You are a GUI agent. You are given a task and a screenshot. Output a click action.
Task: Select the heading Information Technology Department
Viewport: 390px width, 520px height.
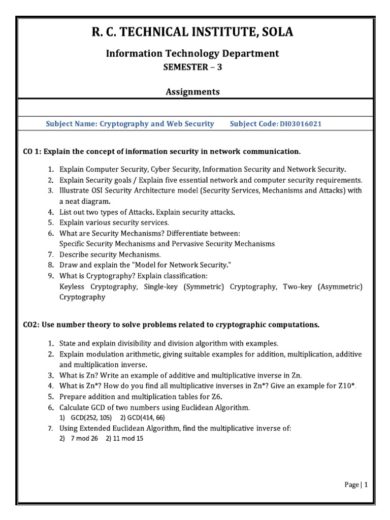click(x=192, y=53)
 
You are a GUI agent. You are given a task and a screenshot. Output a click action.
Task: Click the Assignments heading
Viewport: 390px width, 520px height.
click(x=192, y=92)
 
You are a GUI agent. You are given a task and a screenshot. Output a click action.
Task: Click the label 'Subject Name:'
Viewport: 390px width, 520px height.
click(x=71, y=124)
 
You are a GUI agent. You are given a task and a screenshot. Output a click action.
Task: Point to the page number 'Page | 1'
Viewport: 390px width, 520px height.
click(x=355, y=485)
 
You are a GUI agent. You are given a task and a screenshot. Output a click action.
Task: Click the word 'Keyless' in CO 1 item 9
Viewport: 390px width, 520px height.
click(x=73, y=287)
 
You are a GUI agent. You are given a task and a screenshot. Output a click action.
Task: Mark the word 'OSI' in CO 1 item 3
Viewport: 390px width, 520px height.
click(x=94, y=191)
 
